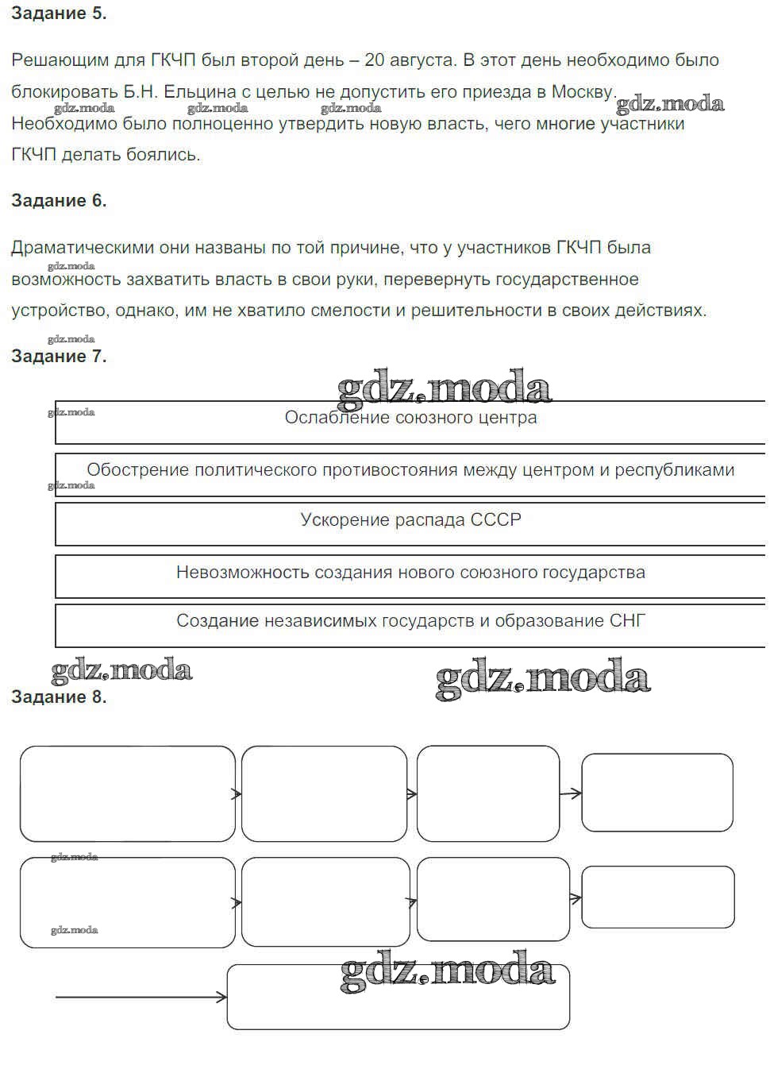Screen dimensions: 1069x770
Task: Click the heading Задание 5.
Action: (59, 14)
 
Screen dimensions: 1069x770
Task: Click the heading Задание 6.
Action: (59, 201)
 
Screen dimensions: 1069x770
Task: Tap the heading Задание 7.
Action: (59, 357)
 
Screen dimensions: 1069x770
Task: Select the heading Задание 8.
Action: (59, 697)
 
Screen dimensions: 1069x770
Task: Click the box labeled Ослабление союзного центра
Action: (410, 422)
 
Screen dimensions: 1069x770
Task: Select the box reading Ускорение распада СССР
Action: (410, 524)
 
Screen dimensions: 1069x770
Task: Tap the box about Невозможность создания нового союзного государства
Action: (410, 576)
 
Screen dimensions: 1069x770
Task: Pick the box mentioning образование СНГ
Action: (410, 625)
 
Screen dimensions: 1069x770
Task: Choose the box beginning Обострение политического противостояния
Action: (410, 474)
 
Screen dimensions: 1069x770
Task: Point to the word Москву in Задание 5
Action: (583, 92)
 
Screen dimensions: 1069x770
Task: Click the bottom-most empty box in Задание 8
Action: (398, 997)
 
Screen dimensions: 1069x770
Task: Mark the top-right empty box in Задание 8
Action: (656, 793)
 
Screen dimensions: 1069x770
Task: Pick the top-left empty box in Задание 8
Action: (127, 793)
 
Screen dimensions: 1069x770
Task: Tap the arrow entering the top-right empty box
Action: (571, 793)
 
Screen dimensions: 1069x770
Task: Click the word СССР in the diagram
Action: (496, 520)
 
